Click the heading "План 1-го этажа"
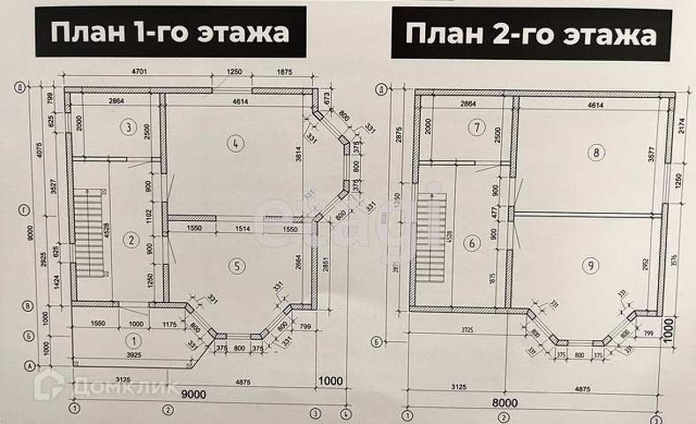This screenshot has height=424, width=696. click(170, 33)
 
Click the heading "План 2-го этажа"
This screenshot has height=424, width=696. click(531, 34)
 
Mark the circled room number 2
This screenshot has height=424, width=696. click(129, 238)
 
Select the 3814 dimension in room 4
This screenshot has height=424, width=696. click(299, 159)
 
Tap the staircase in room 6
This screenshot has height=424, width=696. click(431, 238)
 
